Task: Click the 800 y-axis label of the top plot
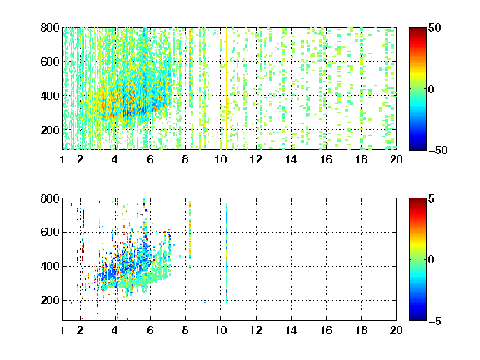50,27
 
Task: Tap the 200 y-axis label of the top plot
50,130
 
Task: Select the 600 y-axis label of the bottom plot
50,232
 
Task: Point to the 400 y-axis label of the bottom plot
50,266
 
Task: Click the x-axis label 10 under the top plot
220,159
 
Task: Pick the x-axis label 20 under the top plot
396,159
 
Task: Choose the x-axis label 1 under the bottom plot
62,330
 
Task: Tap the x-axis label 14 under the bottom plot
291,330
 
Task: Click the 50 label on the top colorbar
434,27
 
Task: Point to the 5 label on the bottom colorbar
432,198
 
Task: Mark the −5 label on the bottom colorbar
435,321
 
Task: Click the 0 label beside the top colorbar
432,89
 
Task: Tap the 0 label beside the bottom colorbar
432,260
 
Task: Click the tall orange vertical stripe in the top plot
227,88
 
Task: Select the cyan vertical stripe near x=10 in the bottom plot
227,252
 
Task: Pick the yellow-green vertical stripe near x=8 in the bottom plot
190,234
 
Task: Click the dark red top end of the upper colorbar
417,29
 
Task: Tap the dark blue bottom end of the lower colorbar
417,318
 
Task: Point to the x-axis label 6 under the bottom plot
150,330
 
